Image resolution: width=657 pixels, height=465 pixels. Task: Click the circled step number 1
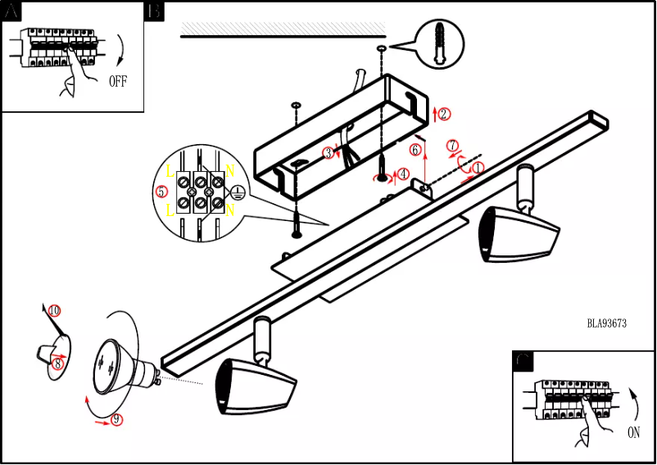pos(478,166)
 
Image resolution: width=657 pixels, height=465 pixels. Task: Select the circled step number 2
pos(443,114)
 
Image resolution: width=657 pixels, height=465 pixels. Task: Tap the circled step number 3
pos(328,152)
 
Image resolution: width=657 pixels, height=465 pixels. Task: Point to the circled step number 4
pos(403,174)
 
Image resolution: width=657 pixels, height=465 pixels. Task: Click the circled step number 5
pos(161,192)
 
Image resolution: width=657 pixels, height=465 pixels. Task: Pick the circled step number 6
pos(415,150)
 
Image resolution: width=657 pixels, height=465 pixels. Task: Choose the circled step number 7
pos(451,146)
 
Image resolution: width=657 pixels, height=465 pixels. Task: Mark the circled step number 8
pos(57,363)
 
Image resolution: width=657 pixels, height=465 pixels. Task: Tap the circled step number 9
pos(116,419)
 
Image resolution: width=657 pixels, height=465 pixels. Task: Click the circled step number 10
pos(54,311)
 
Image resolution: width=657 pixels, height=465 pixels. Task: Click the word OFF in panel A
pos(119,81)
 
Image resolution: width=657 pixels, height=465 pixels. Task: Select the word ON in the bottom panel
pos(633,433)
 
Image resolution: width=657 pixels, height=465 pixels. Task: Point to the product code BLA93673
pos(606,323)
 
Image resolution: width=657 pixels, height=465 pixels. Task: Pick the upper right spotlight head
pos(520,233)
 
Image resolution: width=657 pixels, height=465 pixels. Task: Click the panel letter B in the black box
pos(154,11)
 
